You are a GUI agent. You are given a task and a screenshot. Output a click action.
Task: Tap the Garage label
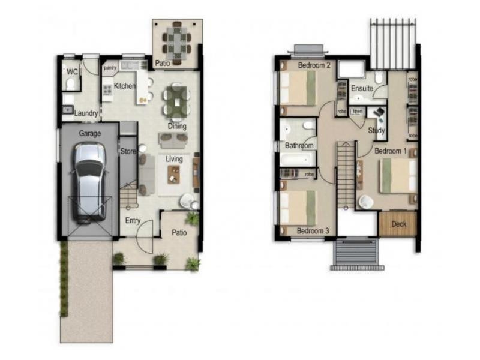[x=90, y=134]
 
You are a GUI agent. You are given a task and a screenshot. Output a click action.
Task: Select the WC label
[x=72, y=71]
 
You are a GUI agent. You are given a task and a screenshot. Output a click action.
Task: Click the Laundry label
[x=86, y=113]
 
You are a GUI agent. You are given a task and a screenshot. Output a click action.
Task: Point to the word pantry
[x=110, y=68]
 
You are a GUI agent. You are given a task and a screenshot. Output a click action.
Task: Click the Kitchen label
[x=125, y=86]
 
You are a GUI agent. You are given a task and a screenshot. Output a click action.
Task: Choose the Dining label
[x=177, y=127]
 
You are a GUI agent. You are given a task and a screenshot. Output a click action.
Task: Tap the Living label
[x=175, y=159]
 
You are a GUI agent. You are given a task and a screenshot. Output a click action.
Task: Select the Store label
[x=128, y=151]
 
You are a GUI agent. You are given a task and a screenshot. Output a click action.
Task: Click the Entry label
[x=133, y=221]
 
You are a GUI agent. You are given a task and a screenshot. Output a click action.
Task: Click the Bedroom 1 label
[x=391, y=151]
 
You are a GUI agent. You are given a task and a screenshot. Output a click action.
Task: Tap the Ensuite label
[x=362, y=89]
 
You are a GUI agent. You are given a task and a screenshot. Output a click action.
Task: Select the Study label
[x=377, y=130]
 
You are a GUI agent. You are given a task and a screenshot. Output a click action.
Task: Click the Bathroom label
[x=299, y=146]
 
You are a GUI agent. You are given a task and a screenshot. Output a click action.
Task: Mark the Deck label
[x=399, y=224]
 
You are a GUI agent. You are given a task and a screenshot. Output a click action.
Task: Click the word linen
[x=358, y=111]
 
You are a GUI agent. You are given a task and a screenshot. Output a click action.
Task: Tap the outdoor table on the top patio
[x=177, y=40]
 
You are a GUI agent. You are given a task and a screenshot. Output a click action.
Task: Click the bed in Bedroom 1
[x=398, y=175]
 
